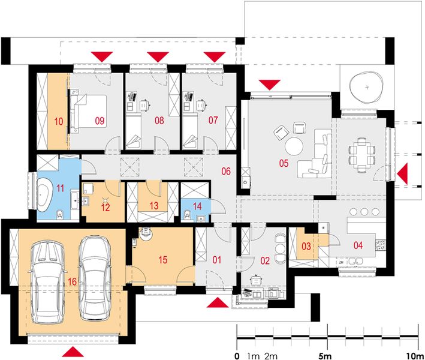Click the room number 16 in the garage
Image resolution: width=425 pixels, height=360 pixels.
[x=72, y=281]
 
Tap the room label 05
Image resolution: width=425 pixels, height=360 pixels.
[x=284, y=163]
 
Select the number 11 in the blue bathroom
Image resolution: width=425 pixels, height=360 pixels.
[x=60, y=188]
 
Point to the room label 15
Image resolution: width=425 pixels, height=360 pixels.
[x=162, y=260]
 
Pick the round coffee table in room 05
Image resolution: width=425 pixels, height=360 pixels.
[x=294, y=146]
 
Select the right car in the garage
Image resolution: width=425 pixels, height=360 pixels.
[x=95, y=278]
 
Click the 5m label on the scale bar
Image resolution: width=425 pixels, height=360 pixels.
[x=325, y=356]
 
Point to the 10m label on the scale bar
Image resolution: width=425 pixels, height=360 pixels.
[x=414, y=356]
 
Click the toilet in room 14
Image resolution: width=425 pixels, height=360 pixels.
[x=187, y=215]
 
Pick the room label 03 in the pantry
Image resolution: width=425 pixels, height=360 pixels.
[x=306, y=247]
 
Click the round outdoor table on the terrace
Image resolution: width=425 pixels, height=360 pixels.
[x=367, y=87]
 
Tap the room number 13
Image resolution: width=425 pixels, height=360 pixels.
[x=154, y=205]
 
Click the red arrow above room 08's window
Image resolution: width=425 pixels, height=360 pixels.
[x=158, y=56]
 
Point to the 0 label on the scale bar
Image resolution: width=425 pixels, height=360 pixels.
[x=237, y=356]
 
